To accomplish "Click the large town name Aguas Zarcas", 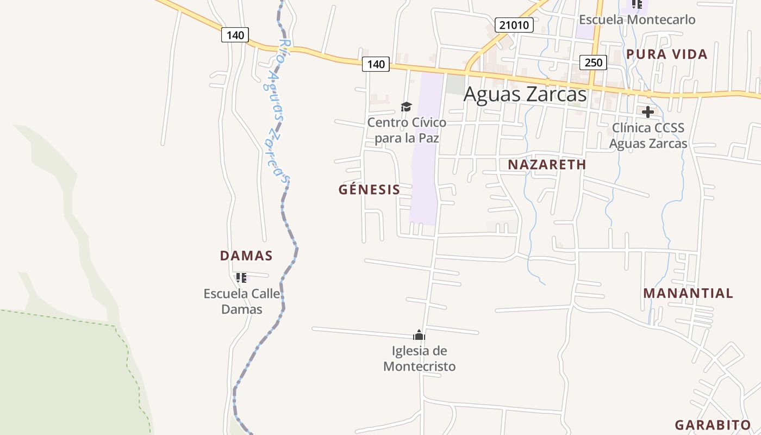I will pyautogui.click(x=525, y=94).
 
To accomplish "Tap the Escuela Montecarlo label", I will pyautogui.click(x=637, y=20).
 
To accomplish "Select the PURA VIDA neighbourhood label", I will pyautogui.click(x=666, y=54).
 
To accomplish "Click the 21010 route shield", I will pyautogui.click(x=514, y=24).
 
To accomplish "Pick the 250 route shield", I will pyautogui.click(x=593, y=63).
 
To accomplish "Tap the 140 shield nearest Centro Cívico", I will pyautogui.click(x=376, y=64).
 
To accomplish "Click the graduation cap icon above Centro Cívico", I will pyautogui.click(x=406, y=107).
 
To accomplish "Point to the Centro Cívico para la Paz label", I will pyautogui.click(x=407, y=130).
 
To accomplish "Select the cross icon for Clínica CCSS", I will pyautogui.click(x=647, y=113).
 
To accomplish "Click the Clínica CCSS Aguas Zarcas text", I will pyautogui.click(x=648, y=136).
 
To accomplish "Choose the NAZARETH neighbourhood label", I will pyautogui.click(x=547, y=165).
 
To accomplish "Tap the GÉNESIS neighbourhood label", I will pyautogui.click(x=369, y=190).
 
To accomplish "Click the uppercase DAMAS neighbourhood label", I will pyautogui.click(x=246, y=256).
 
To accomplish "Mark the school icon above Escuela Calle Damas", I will pyautogui.click(x=241, y=278).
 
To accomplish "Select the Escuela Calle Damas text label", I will pyautogui.click(x=241, y=302).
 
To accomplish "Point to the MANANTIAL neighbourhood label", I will pyautogui.click(x=688, y=293).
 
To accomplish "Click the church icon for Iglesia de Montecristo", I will pyautogui.click(x=419, y=335).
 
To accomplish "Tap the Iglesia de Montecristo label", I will pyautogui.click(x=419, y=359).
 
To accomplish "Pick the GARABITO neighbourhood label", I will pyautogui.click(x=713, y=425).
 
